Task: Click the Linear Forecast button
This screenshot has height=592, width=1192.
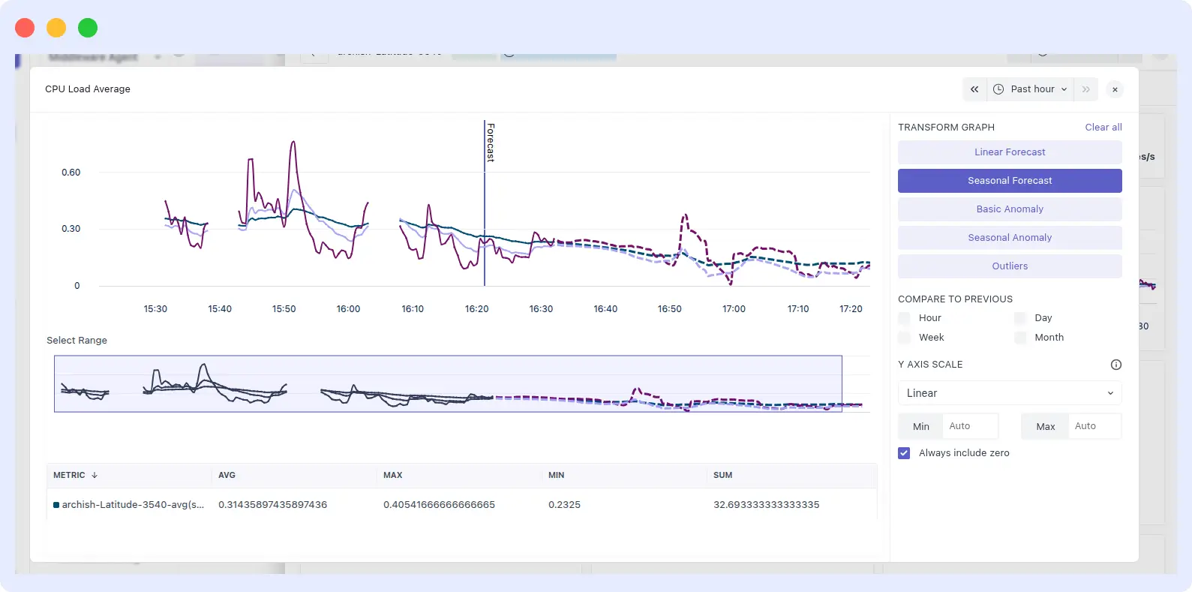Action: [x=1010, y=152]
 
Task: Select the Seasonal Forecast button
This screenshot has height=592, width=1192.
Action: [x=1010, y=181]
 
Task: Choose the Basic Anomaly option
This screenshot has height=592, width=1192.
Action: [x=1010, y=209]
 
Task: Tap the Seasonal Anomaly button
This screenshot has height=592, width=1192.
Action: [x=1010, y=238]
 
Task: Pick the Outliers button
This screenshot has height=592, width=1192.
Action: [x=1010, y=266]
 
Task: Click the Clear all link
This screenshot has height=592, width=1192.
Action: [x=1103, y=128]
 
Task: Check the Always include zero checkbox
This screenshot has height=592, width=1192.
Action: [x=904, y=453]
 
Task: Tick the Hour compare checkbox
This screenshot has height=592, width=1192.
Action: [x=905, y=318]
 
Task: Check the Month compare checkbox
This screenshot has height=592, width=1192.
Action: [x=1020, y=338]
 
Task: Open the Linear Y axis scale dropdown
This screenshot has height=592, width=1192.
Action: [x=1010, y=393]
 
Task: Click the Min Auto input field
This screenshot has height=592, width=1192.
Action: [x=969, y=426]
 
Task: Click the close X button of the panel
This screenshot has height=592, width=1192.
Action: [x=1115, y=89]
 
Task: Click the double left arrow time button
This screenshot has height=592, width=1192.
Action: [x=974, y=89]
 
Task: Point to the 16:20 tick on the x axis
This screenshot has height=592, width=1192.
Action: [x=477, y=309]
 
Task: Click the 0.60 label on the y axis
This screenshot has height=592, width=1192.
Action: [x=71, y=173]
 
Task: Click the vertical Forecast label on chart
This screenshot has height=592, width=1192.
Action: [x=491, y=142]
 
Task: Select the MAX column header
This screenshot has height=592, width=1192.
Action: [x=393, y=476]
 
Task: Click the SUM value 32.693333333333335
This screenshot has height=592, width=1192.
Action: [x=766, y=505]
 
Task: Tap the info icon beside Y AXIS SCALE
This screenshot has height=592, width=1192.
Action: [x=1115, y=365]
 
